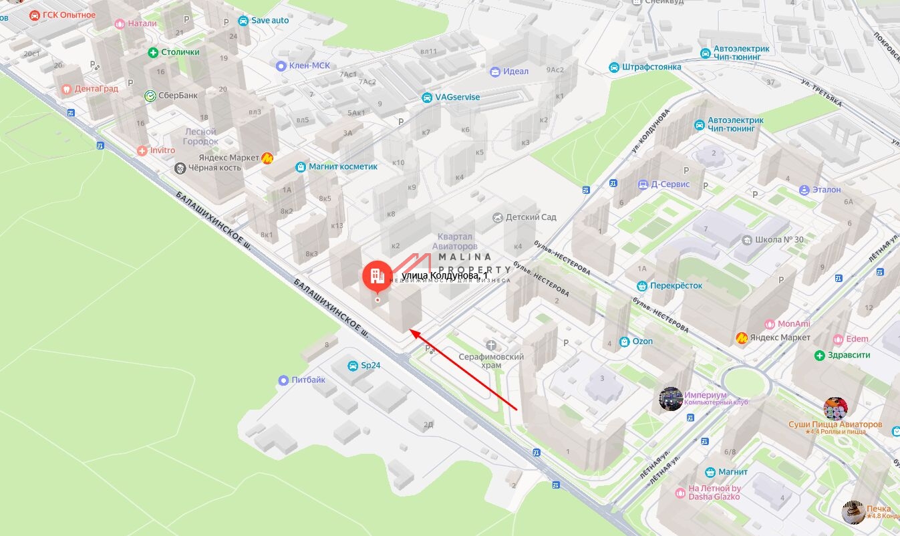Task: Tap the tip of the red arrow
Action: (x=410, y=331)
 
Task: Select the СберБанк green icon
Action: (x=150, y=96)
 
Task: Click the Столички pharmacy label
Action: (x=180, y=52)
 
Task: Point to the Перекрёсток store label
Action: (x=676, y=285)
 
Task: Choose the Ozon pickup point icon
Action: (x=624, y=342)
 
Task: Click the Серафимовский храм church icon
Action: (x=492, y=345)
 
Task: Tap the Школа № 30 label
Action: (x=778, y=240)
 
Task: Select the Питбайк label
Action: (x=309, y=380)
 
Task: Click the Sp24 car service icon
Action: (x=352, y=366)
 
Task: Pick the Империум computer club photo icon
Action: (x=670, y=399)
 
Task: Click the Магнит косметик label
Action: (x=343, y=166)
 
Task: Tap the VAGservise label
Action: (x=458, y=97)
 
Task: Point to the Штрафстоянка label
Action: (x=651, y=67)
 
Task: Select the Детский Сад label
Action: (x=531, y=217)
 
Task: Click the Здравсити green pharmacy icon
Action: (x=820, y=355)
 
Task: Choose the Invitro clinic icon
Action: (x=142, y=150)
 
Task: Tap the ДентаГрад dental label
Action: (x=96, y=88)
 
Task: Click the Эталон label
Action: (x=827, y=190)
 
